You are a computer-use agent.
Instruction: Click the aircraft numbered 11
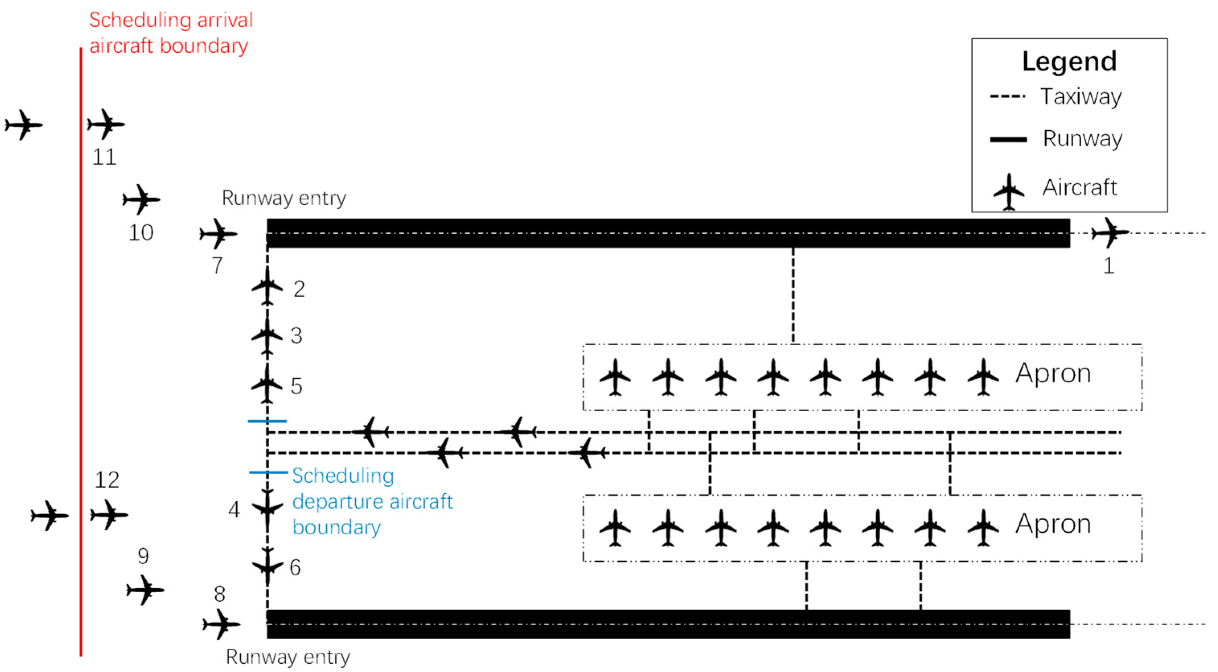[x=106, y=124]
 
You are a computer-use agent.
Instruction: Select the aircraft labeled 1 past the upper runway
[x=1109, y=232]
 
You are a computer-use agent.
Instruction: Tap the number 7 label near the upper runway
[x=217, y=265]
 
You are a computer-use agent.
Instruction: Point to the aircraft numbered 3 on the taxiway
[x=267, y=336]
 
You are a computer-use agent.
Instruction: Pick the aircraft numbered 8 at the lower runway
[x=221, y=624]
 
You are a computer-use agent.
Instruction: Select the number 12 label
[x=107, y=480]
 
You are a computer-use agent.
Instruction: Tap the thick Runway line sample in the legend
[x=1008, y=140]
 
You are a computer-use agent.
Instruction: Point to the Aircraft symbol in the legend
[x=1009, y=192]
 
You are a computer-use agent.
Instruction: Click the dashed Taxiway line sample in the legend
[x=1008, y=97]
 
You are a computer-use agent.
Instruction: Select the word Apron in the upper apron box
[x=1053, y=373]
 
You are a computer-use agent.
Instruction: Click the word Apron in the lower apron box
[x=1053, y=524]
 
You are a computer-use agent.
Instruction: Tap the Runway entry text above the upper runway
[x=284, y=198]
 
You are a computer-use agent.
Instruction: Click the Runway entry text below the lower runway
[x=287, y=657]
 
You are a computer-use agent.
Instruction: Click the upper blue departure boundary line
[x=267, y=421]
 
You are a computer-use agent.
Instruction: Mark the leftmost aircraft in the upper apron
[x=615, y=377]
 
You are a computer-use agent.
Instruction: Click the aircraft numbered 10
[x=141, y=199]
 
